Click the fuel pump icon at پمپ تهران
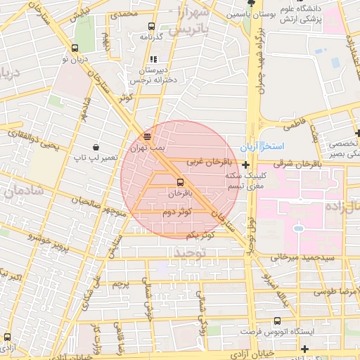147,136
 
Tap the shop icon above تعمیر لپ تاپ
94,148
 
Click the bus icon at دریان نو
75,49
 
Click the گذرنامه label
151,36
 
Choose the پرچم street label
122,285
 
